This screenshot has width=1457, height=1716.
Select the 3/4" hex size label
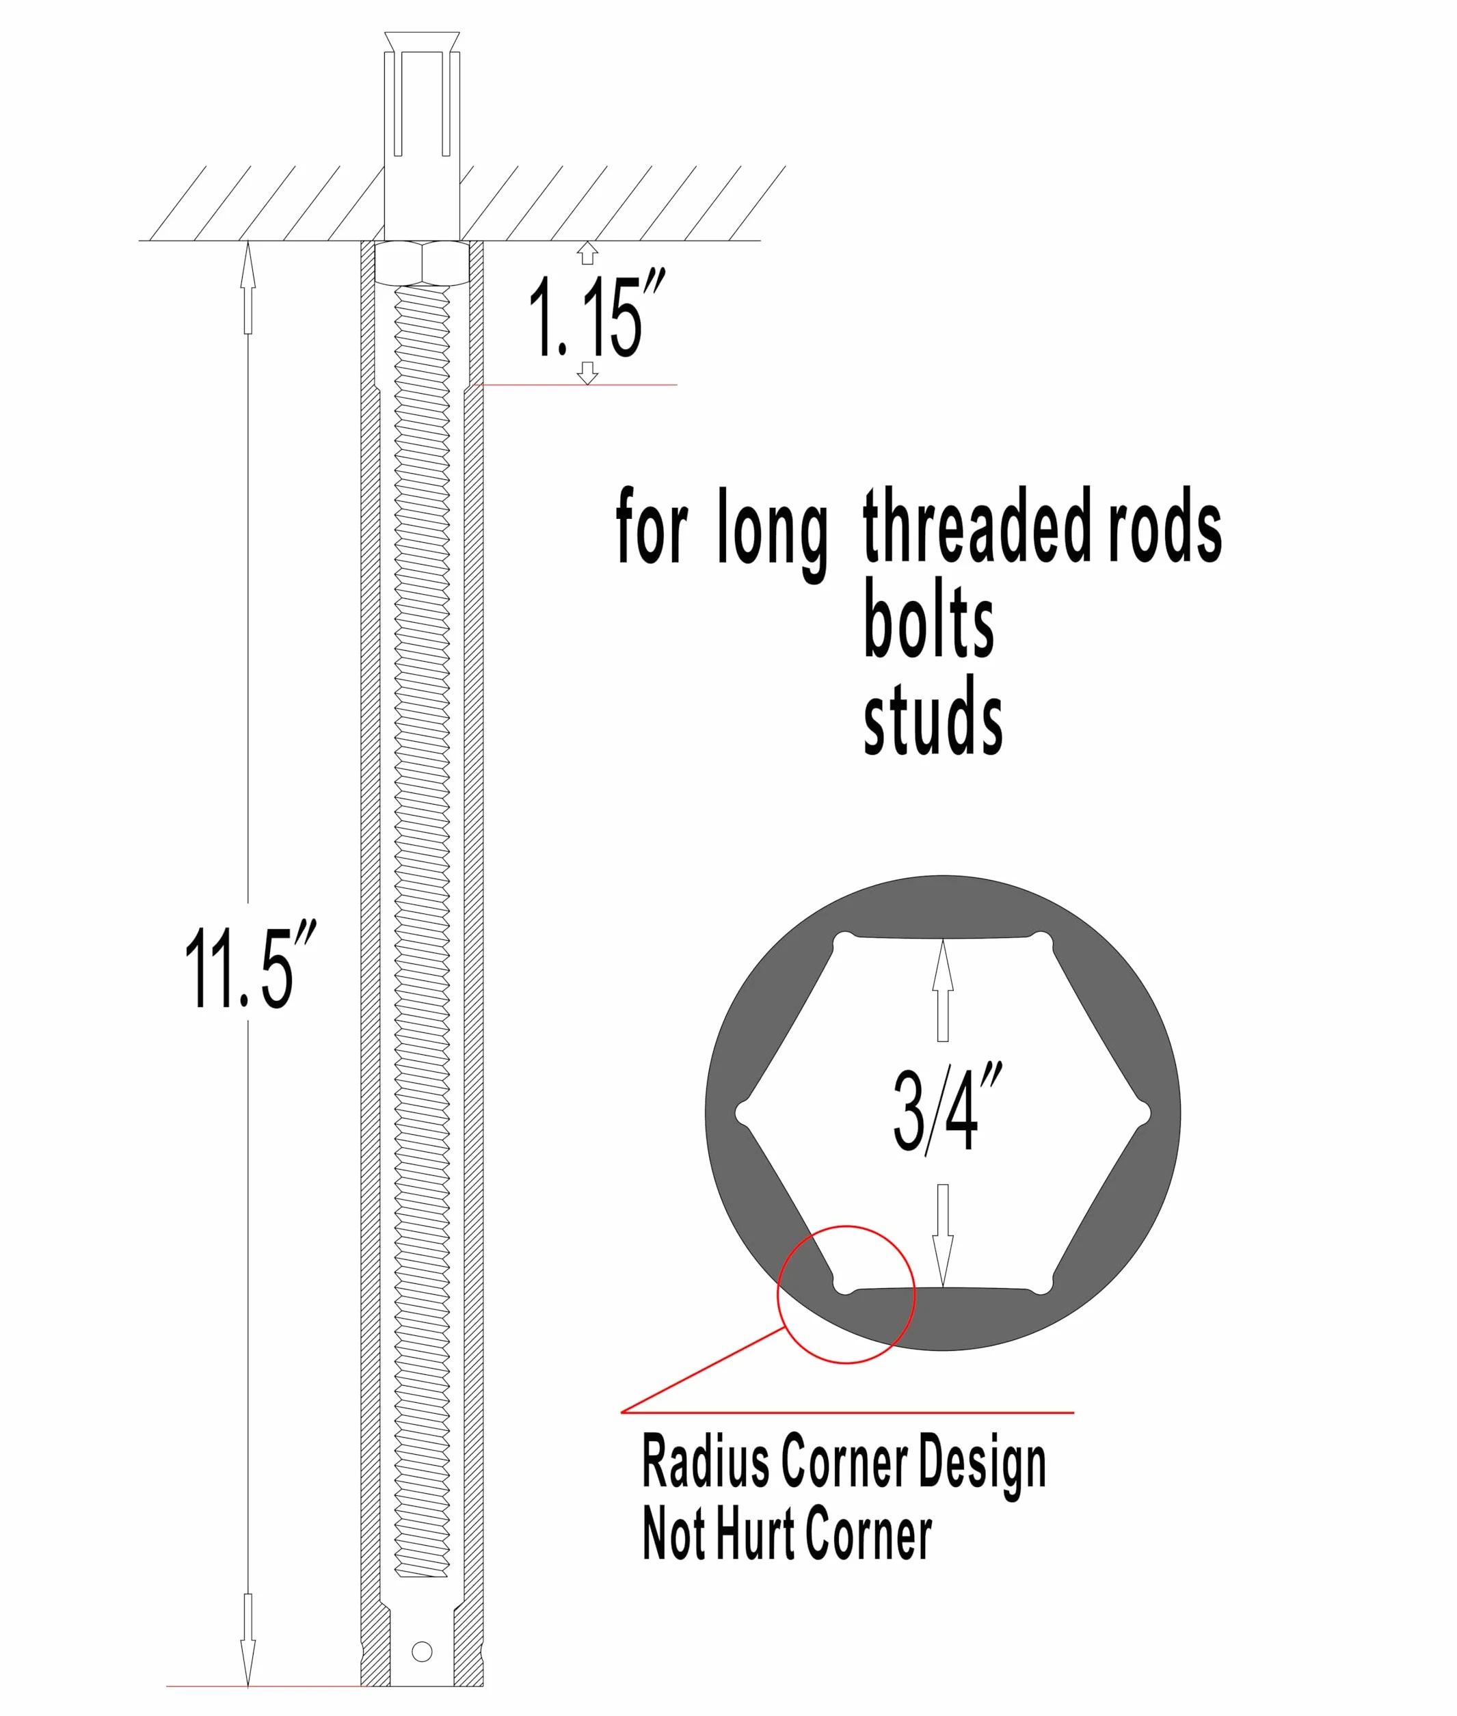(x=948, y=1108)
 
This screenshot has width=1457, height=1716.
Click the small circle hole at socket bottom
(x=422, y=1651)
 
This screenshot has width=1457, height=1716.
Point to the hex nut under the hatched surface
(x=422, y=263)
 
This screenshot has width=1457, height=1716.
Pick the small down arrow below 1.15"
(x=587, y=373)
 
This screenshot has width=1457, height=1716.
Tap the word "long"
(x=773, y=532)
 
